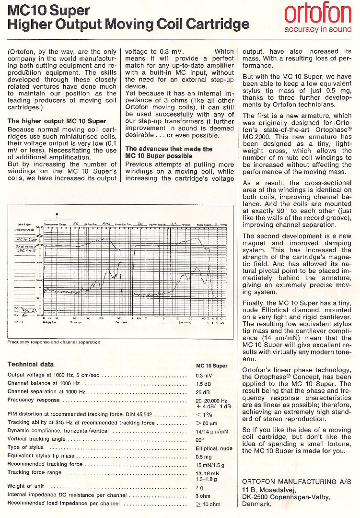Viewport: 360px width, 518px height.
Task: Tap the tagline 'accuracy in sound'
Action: pos(318,29)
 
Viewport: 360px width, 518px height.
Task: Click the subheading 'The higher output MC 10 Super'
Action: pos(57,121)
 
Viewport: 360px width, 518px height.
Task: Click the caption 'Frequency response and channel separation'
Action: pos(54,342)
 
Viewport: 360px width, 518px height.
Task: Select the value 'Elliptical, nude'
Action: pos(214,448)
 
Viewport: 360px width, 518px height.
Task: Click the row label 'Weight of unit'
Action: pos(26,486)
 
